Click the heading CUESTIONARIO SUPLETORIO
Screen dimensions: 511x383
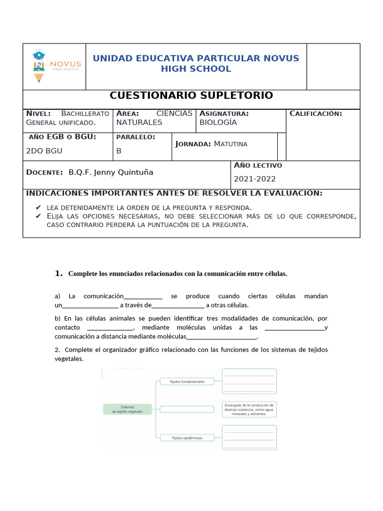(x=191, y=95)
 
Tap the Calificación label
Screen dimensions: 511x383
(x=316, y=114)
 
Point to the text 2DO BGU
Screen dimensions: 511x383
(x=44, y=150)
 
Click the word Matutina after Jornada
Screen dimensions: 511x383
(x=230, y=144)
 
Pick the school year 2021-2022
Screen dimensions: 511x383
(x=254, y=179)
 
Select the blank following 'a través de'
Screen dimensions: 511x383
(x=178, y=305)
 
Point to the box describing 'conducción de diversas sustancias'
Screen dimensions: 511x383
(x=249, y=409)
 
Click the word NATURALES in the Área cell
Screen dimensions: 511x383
(x=139, y=122)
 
